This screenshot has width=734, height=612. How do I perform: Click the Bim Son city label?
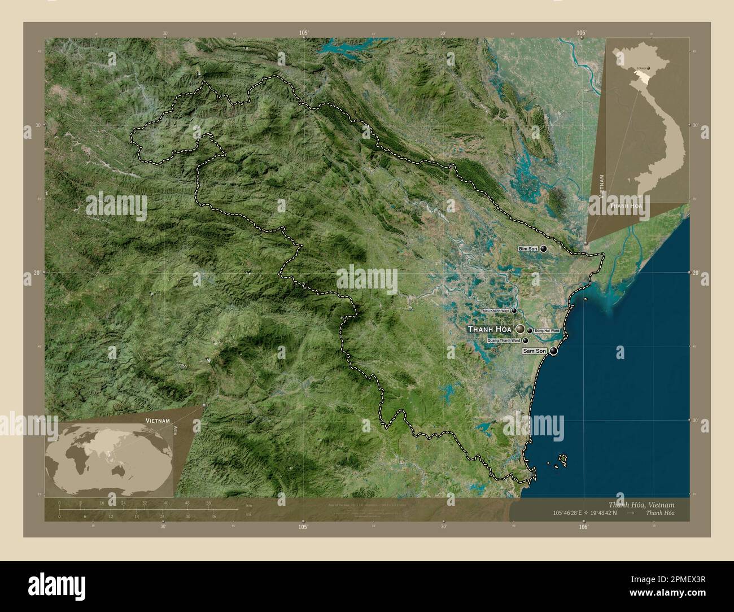(x=528, y=249)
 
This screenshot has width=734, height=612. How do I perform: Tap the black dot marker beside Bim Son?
(x=543, y=248)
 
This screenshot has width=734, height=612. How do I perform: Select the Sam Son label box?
(x=534, y=351)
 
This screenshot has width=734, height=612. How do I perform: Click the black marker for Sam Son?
(x=553, y=351)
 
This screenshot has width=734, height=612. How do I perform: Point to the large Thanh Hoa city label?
(x=490, y=329)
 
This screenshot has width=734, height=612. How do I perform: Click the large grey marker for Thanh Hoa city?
(x=520, y=329)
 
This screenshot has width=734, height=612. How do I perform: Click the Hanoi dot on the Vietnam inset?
(x=648, y=68)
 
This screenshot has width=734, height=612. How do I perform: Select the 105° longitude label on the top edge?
(x=304, y=33)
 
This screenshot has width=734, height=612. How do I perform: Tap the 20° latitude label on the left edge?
(x=36, y=273)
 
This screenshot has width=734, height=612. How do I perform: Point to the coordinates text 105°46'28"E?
(x=575, y=513)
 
